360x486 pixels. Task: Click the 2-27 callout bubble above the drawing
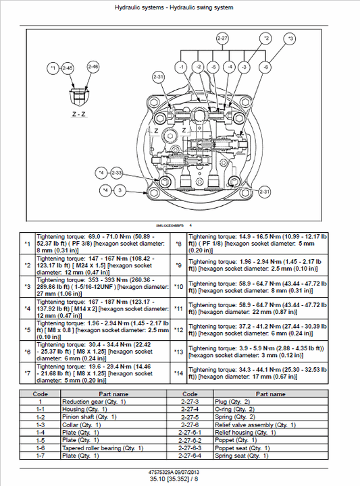coord(223,38)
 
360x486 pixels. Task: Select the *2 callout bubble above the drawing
coord(266,38)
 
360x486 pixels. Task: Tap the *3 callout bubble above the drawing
coord(290,38)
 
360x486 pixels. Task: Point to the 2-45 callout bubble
coord(67,67)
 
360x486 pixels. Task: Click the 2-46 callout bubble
coord(93,67)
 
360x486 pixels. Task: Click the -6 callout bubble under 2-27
coord(265,67)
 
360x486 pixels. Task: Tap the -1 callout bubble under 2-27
coord(180,67)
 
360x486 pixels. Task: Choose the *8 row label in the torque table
coord(178,244)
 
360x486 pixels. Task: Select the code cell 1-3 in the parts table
coord(41,425)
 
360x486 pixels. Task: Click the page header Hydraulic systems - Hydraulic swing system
coord(180,7)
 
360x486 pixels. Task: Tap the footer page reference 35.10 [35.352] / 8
coord(179,479)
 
